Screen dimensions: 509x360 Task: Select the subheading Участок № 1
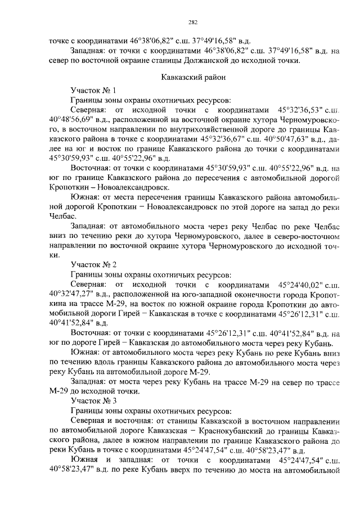(x=93, y=90)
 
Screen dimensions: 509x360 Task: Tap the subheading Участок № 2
(x=93, y=264)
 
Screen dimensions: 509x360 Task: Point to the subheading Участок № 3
(x=93, y=401)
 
